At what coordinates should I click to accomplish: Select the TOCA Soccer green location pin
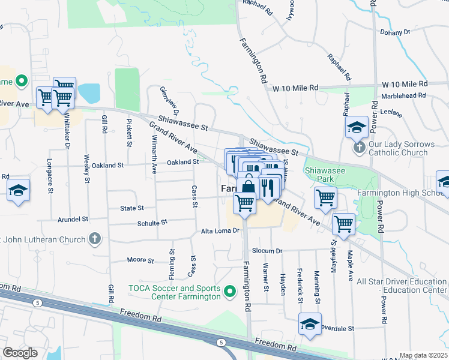229,292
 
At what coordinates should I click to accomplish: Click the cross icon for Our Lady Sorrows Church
358,147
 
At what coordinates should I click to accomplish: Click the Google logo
20,353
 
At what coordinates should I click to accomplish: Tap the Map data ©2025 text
423,355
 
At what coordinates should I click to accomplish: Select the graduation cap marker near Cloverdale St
310,325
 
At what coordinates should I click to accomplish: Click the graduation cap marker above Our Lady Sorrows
356,127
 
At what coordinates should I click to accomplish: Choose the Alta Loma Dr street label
220,230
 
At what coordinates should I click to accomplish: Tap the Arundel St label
73,220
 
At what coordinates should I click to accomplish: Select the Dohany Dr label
395,32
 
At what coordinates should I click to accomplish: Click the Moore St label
140,260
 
